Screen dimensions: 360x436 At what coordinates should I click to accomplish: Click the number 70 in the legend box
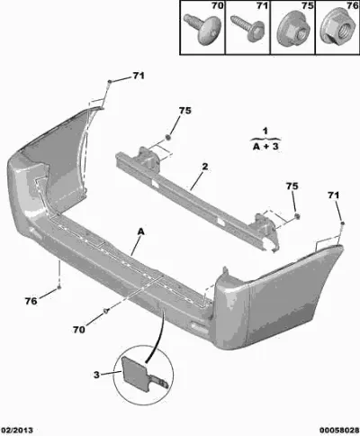coord(218,5)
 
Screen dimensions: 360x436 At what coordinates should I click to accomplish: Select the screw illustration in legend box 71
coord(247,27)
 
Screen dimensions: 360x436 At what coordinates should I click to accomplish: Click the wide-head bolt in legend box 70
coord(202,29)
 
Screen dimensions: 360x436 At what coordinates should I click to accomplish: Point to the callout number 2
coord(205,167)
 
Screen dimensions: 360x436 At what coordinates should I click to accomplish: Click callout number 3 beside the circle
coord(96,375)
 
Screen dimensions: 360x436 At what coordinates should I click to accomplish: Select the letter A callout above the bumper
coord(141,232)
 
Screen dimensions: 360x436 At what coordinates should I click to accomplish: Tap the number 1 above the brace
coord(265,132)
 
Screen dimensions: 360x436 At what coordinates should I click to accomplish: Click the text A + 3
coord(265,147)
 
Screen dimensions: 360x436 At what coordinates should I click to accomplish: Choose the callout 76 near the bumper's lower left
coord(31,301)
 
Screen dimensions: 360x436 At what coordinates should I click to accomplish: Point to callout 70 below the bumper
coord(79,330)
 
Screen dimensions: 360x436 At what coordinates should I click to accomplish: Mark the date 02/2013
coord(17,431)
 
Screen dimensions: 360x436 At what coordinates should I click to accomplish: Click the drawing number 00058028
coord(339,431)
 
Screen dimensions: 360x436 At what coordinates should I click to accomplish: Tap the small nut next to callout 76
coord(59,287)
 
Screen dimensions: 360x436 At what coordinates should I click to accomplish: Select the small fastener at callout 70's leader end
coord(106,311)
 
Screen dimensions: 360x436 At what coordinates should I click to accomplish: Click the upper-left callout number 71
coord(139,76)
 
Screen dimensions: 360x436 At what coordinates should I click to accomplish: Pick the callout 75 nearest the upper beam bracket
coord(185,111)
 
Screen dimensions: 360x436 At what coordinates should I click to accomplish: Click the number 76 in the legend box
coord(353,5)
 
